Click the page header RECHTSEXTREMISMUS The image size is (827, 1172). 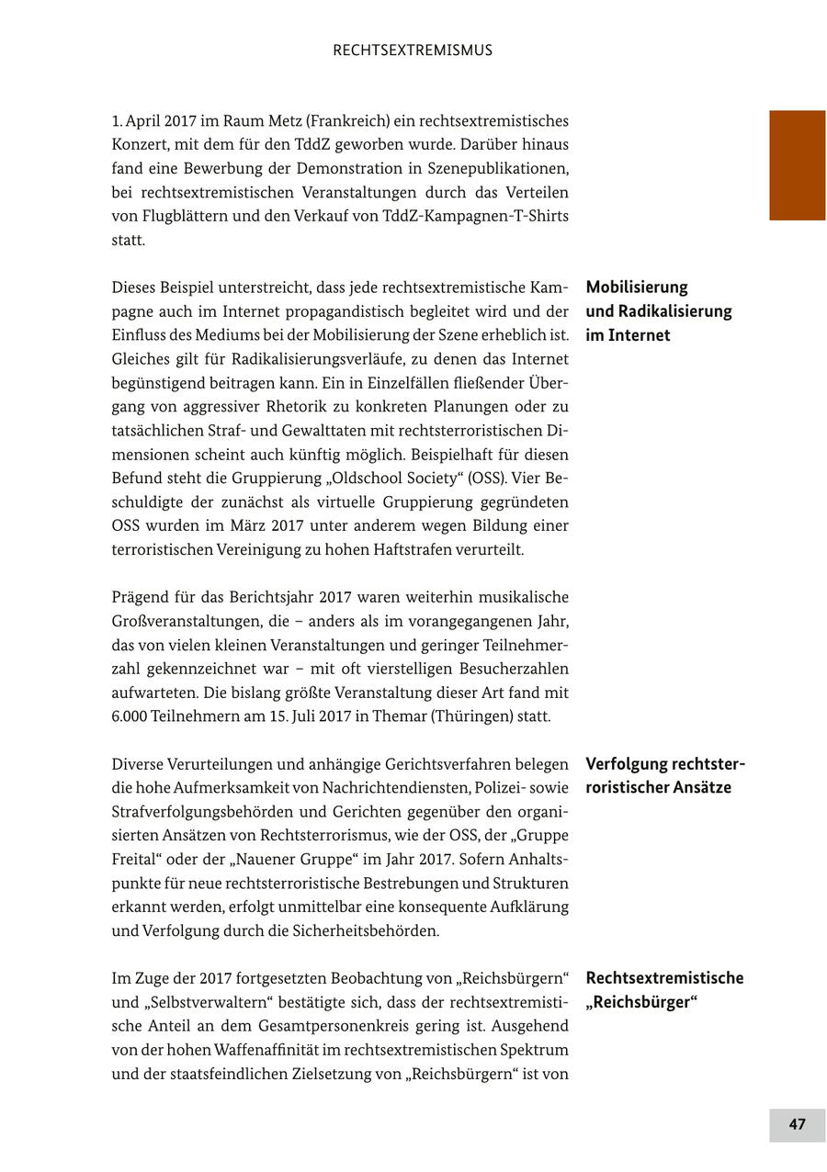tap(413, 51)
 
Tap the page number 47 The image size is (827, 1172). tap(797, 1124)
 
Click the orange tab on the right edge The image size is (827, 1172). tap(797, 165)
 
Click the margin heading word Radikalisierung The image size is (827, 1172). tap(672, 311)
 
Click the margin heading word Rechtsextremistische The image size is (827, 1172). tap(664, 978)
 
